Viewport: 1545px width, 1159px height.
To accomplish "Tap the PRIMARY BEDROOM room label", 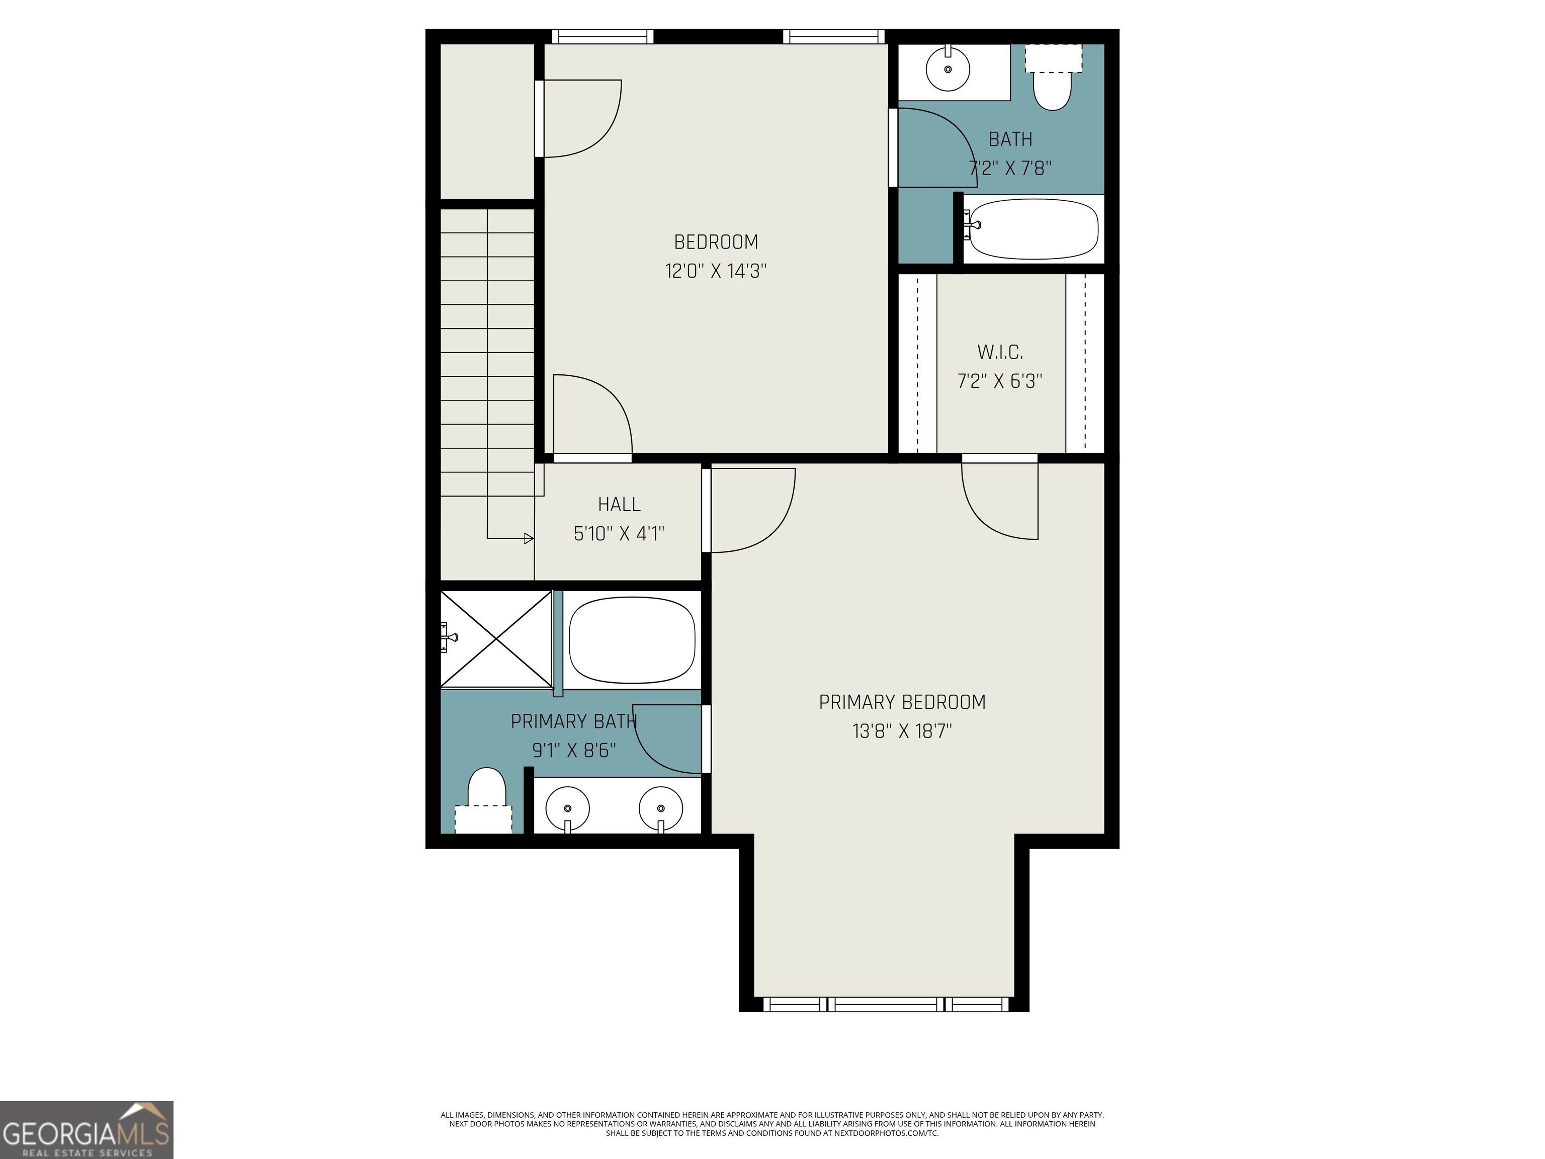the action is pyautogui.click(x=902, y=702).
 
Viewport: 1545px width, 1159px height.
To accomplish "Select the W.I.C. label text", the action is pyautogui.click(x=1000, y=352).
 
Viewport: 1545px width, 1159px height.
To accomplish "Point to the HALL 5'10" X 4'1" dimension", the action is pyautogui.click(x=619, y=534).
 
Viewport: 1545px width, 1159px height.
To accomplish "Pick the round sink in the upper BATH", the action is pyautogui.click(x=948, y=68).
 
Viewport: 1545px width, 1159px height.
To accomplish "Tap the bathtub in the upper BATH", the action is pyautogui.click(x=1033, y=229).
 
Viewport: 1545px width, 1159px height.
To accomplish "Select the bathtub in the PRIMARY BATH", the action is pyautogui.click(x=632, y=639).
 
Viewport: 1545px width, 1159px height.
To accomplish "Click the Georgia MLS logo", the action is pyautogui.click(x=87, y=1130).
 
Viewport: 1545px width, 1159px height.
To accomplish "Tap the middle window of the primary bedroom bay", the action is pyautogui.click(x=886, y=1005).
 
